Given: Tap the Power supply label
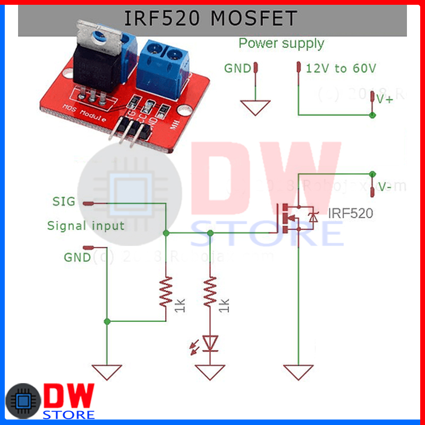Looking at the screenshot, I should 281,43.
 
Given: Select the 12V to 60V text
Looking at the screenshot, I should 341,68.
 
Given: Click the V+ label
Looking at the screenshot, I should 385,99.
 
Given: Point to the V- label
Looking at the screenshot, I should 385,186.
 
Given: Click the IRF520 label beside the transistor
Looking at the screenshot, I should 350,213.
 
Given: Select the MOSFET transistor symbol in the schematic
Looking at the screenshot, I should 297,216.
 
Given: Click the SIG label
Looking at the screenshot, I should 63,201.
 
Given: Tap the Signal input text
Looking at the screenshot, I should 86,226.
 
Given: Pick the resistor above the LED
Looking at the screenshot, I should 211,293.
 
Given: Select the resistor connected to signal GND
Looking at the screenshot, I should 166,293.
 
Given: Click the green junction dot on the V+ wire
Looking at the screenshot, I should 372,115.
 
